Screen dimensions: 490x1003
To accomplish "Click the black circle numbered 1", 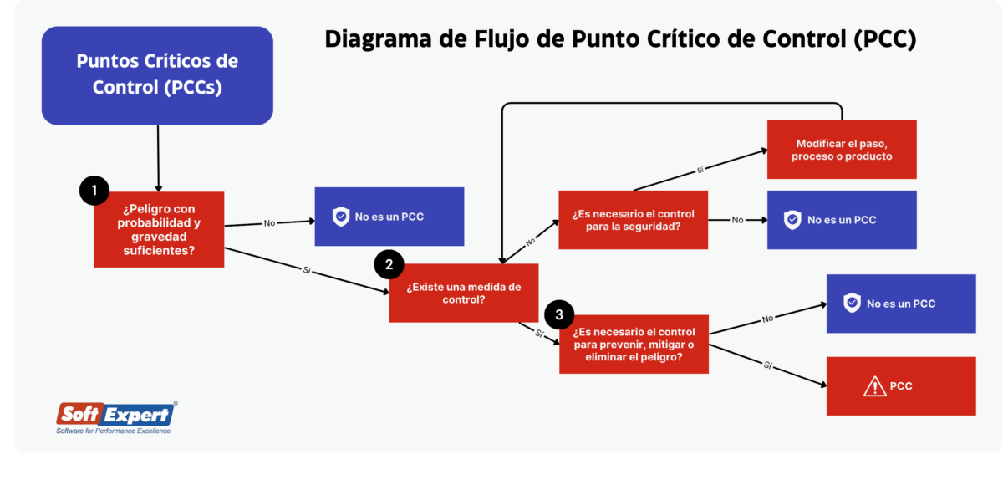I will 94,191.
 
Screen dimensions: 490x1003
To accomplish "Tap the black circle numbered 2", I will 389,264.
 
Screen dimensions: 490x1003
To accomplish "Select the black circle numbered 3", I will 559,315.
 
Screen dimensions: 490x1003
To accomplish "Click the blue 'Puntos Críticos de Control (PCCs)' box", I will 157,75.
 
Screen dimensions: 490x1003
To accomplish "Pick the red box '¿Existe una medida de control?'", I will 463,293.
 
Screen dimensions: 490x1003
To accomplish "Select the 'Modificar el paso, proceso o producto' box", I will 842,150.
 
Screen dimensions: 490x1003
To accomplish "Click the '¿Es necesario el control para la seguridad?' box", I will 633,220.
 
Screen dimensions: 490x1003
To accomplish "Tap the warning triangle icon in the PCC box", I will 874,386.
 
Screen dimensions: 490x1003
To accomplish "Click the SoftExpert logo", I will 115,414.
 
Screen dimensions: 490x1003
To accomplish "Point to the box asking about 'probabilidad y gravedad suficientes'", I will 159,229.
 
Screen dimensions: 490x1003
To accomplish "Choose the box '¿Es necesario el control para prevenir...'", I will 634,345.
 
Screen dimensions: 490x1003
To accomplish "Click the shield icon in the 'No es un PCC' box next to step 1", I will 341,217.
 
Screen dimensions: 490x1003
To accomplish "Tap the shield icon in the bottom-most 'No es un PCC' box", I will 852,304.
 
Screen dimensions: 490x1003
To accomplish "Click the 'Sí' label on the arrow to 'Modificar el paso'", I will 701,170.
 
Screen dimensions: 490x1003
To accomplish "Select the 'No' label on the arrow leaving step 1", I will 269,223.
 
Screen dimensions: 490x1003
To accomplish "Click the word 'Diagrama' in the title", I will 375,39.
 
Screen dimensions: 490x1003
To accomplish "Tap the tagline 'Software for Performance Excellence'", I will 113,431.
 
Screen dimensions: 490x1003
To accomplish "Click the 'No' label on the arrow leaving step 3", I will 767,319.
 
